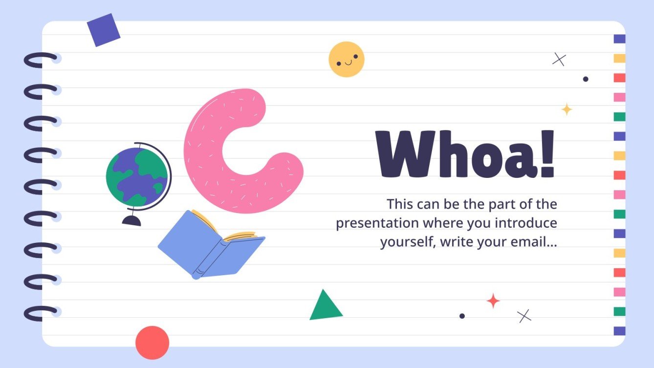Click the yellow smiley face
[x=346, y=59]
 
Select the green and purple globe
[x=137, y=176]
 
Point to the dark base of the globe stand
[x=131, y=221]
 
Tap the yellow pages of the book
[x=240, y=236]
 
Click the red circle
[x=152, y=343]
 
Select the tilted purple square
[x=104, y=30]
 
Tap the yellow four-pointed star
[x=567, y=109]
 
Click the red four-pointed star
[x=493, y=301]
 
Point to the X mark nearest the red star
[x=524, y=316]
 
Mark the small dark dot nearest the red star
[x=462, y=316]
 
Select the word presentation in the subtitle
[x=377, y=223]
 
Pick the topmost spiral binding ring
[x=41, y=60]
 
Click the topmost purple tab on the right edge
[x=619, y=39]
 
